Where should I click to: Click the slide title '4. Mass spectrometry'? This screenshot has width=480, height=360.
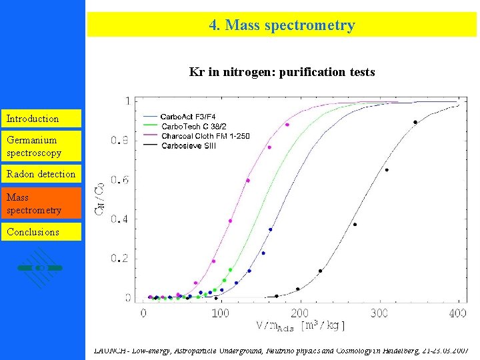[x=281, y=25]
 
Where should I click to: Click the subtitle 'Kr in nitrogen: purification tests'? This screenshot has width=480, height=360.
[x=282, y=71]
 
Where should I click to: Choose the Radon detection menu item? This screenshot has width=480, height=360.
[x=41, y=174]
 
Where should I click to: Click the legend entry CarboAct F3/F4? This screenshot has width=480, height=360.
[x=189, y=117]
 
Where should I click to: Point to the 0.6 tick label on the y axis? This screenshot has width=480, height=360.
[x=120, y=180]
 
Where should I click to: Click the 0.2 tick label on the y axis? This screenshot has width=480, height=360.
[x=120, y=259]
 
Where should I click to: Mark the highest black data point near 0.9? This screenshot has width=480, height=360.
[x=415, y=122]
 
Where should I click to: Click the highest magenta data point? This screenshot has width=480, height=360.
[x=287, y=125]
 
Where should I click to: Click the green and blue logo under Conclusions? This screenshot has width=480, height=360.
[x=40, y=267]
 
